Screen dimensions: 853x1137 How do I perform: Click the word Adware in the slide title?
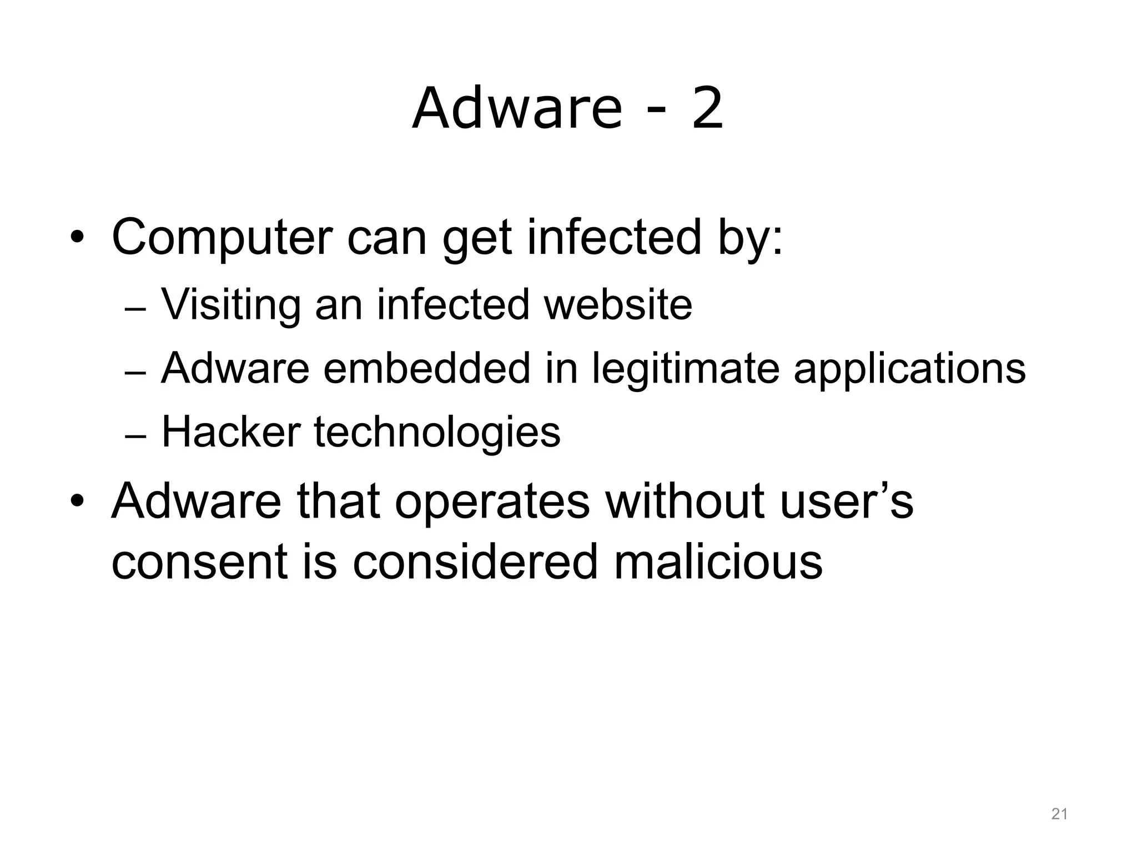pyautogui.click(x=517, y=109)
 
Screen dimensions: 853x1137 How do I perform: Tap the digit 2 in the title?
pyautogui.click(x=707, y=109)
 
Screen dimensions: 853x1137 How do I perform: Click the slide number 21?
pyautogui.click(x=1059, y=815)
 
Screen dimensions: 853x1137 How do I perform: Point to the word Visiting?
pyautogui.click(x=231, y=305)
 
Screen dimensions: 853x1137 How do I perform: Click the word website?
pyautogui.click(x=618, y=305)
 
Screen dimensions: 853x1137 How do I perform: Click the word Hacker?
pyautogui.click(x=231, y=432)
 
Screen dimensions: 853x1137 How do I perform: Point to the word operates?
pyautogui.click(x=492, y=502)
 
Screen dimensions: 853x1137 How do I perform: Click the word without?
pyautogui.click(x=686, y=501)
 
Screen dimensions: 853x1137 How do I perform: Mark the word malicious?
pyautogui.click(x=718, y=561)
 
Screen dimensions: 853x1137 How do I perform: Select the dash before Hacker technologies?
pyautogui.click(x=135, y=436)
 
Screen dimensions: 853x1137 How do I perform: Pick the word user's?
pyautogui.click(x=846, y=501)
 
